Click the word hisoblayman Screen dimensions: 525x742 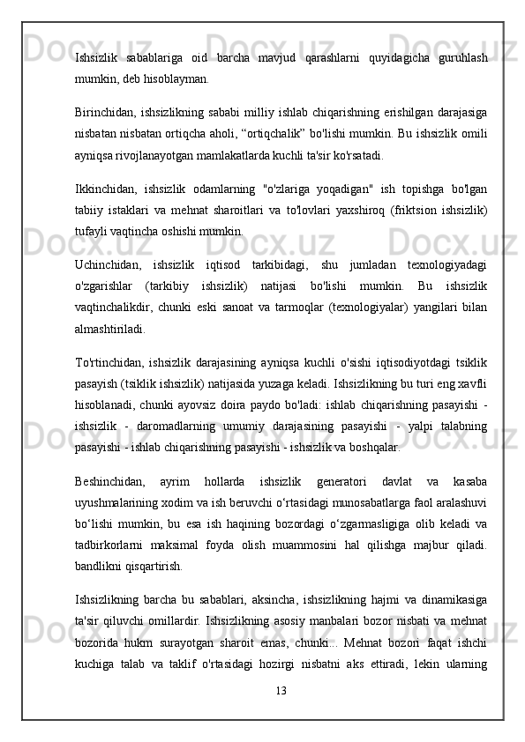pyautogui.click(x=171, y=78)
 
